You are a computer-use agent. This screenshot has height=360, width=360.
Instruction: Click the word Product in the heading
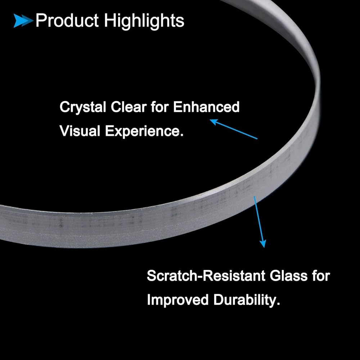(x=67, y=21)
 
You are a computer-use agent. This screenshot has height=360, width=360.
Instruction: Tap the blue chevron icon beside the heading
(x=23, y=21)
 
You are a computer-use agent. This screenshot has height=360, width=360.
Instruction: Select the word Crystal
(x=83, y=107)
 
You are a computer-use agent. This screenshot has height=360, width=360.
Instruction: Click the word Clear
(x=129, y=107)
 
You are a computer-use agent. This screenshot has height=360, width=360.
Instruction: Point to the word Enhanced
(x=206, y=107)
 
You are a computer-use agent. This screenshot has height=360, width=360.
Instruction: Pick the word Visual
(x=80, y=131)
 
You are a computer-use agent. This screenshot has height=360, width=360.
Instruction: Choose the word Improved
(x=177, y=300)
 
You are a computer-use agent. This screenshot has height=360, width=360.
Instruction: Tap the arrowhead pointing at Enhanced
(x=213, y=122)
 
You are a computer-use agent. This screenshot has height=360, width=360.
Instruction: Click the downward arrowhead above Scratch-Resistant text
(x=263, y=243)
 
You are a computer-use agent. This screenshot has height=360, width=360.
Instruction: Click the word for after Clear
(x=160, y=107)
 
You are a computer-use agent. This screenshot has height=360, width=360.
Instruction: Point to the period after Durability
(x=278, y=304)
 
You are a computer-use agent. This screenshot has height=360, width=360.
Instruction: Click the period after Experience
(x=182, y=135)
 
